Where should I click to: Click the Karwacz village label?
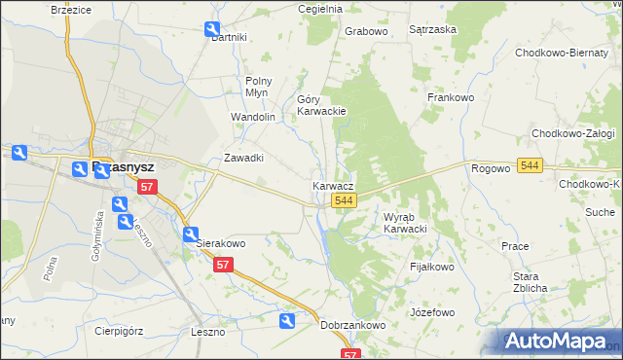(333, 185)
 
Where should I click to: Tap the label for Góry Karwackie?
(321, 105)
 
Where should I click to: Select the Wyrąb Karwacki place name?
(406, 223)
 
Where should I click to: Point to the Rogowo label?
(491, 168)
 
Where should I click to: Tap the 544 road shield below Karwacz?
(342, 199)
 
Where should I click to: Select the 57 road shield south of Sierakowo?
(223, 265)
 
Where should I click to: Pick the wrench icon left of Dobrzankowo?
(287, 321)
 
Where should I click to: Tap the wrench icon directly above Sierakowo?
(191, 234)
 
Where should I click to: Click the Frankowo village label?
(450, 97)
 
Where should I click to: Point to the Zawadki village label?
(244, 158)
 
